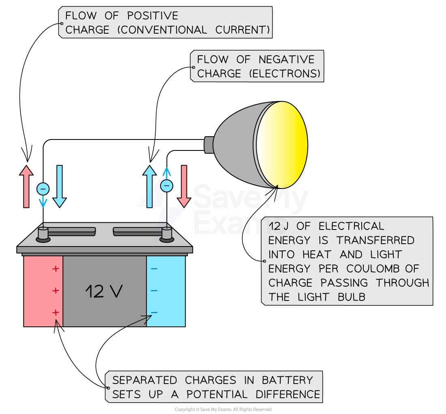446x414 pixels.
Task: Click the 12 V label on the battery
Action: (x=104, y=291)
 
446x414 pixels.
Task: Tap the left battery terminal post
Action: (x=43, y=234)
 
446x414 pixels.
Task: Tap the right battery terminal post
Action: (x=167, y=234)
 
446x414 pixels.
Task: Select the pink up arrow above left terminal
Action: (x=26, y=187)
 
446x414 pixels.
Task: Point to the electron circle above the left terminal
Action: (x=43, y=189)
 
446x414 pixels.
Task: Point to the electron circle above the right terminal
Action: (x=166, y=186)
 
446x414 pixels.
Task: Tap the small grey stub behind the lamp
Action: (x=209, y=145)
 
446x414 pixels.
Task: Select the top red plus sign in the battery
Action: (x=56, y=268)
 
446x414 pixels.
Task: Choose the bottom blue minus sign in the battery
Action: (x=154, y=312)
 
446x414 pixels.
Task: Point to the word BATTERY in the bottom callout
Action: (x=287, y=380)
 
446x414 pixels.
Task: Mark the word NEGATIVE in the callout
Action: (x=287, y=60)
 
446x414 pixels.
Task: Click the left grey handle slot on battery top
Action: (x=72, y=231)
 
